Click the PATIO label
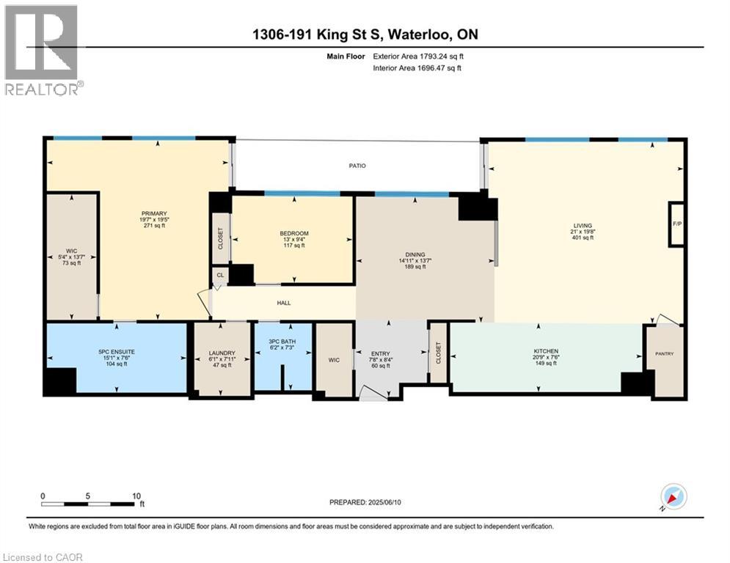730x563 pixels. point(357,166)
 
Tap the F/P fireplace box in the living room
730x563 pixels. point(676,224)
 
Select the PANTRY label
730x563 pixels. point(664,354)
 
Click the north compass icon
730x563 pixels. point(673,496)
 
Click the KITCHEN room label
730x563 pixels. point(545,351)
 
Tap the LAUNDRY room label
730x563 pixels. point(221,353)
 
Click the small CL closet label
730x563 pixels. point(219,275)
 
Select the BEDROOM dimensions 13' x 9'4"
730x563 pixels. point(293,239)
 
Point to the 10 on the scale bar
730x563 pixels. point(136,496)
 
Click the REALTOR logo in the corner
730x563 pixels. point(42,50)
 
